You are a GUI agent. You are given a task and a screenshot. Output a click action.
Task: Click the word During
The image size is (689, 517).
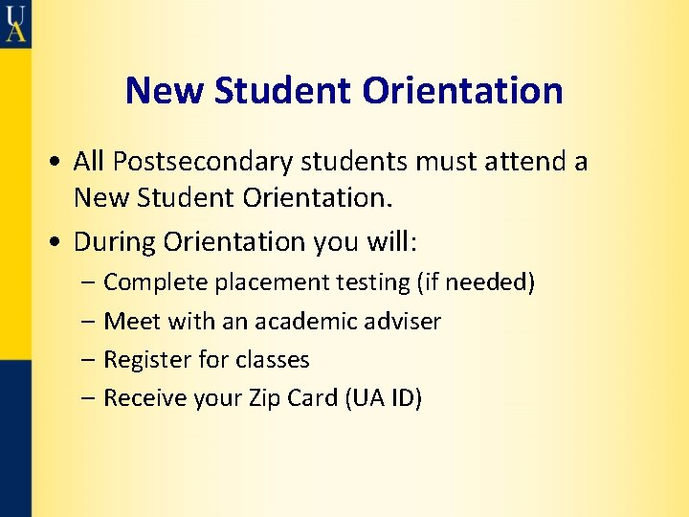click(114, 241)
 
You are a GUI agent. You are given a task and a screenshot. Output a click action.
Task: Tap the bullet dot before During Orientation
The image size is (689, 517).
click(59, 242)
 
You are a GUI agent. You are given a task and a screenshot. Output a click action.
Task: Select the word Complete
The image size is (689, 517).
click(155, 283)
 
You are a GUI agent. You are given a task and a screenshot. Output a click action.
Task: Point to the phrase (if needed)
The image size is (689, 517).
click(476, 283)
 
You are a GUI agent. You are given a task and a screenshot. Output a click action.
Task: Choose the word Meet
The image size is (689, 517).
click(126, 322)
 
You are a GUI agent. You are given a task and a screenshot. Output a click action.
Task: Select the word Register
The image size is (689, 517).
click(143, 360)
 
